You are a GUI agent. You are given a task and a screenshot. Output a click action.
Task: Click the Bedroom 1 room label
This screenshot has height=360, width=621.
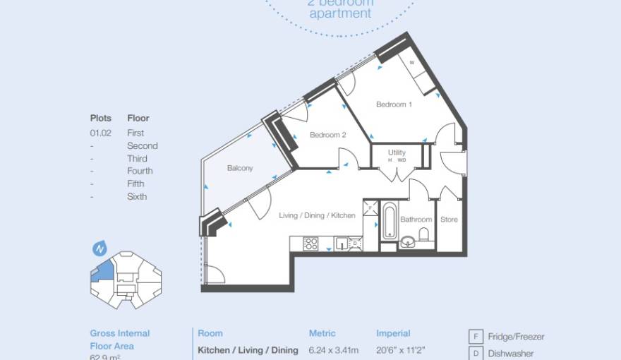coord(394,104)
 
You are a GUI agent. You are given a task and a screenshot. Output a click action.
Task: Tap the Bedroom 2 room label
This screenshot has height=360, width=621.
coord(328,135)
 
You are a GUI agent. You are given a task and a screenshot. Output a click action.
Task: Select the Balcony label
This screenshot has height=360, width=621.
coord(240,168)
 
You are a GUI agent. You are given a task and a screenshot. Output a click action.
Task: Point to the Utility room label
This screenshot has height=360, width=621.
coord(397,152)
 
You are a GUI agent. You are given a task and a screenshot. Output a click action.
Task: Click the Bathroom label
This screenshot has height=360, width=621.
coord(416,220)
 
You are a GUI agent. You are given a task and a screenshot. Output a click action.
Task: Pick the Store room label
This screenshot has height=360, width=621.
coord(449,220)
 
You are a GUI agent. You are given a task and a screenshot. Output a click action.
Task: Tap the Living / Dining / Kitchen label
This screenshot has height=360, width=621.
coord(317,215)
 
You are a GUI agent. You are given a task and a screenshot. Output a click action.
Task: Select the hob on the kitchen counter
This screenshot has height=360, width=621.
coord(310,244)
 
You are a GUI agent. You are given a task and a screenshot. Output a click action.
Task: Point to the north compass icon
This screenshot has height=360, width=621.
coord(99,248)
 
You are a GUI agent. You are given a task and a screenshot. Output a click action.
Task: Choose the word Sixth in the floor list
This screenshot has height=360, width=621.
coord(137,196)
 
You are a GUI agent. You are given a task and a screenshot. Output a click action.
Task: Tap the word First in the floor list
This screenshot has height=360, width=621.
coord(135,133)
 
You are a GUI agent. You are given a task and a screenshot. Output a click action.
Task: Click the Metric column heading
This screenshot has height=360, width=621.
coord(322,333)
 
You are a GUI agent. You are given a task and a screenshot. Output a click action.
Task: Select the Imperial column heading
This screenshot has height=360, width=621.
coord(393,333)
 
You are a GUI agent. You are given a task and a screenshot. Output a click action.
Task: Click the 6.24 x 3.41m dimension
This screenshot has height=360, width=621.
coord(334,350)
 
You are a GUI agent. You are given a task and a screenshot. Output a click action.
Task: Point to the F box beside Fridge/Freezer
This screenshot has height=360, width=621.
coord(476,337)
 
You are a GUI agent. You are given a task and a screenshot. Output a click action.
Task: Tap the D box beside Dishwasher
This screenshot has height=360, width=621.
coord(476,353)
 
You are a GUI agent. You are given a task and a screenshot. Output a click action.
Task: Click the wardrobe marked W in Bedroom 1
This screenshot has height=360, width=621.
coord(411,63)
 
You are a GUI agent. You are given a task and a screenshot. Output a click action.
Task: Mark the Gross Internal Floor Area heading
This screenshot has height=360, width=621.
coord(120,340)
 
